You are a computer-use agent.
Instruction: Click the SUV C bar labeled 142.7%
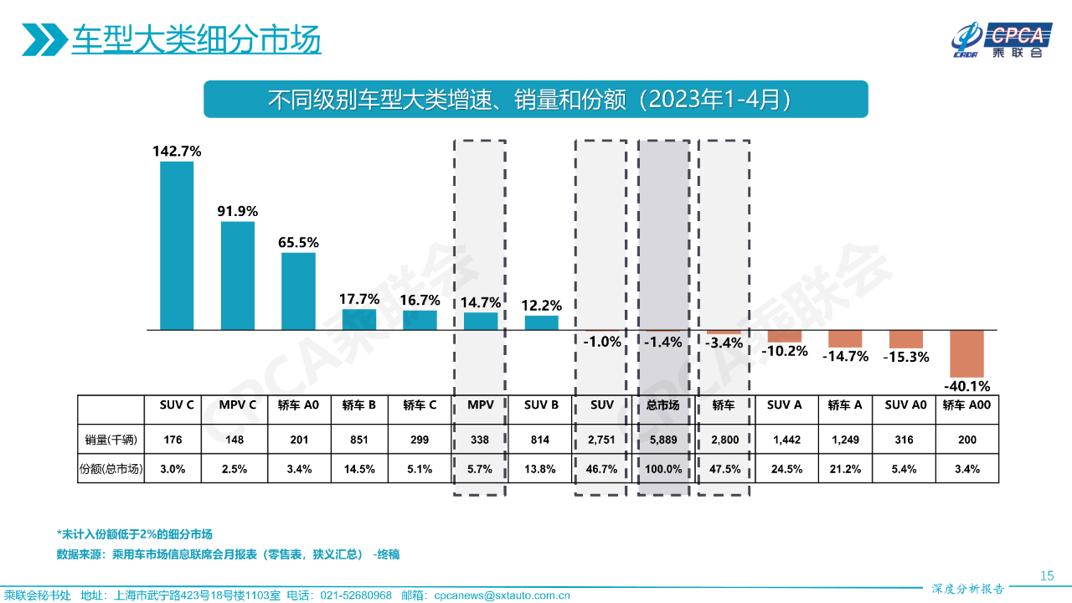coord(177,245)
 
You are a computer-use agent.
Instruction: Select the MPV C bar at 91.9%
coord(238,276)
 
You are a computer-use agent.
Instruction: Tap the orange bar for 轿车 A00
coord(966,353)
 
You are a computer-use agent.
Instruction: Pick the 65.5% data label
coord(299,242)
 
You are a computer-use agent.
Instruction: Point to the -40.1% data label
coord(966,386)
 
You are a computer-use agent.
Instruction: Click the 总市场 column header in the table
coord(663,405)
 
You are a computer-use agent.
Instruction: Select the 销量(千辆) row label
coord(111,440)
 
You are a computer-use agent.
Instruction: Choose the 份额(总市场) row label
coord(111,469)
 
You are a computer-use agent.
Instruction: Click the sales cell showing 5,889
coord(663,440)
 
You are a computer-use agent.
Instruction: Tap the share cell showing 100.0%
coord(663,469)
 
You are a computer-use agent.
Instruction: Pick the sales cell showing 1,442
coord(785,440)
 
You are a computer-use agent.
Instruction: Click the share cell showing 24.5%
coord(785,469)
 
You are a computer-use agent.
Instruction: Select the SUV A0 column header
coord(906,405)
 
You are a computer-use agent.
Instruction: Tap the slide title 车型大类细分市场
coord(196,39)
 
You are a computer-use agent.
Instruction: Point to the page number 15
coord(1046,575)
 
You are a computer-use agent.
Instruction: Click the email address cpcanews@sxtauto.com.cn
coord(502,595)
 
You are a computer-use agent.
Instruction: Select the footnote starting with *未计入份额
coord(135,534)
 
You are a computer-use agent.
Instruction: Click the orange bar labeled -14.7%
coord(845,339)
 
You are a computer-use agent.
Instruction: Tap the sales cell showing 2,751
coord(602,440)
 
